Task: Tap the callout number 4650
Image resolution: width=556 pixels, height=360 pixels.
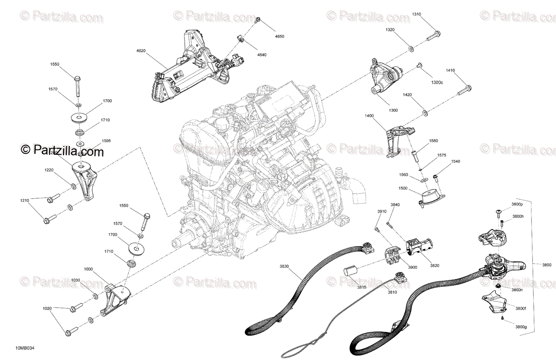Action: tap(280, 36)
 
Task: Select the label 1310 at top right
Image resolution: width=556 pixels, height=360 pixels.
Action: tap(417, 14)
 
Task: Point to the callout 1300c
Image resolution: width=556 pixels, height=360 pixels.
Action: tap(437, 82)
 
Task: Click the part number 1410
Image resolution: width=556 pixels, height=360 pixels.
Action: tap(450, 70)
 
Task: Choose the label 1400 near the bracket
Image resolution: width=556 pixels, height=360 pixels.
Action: tap(369, 116)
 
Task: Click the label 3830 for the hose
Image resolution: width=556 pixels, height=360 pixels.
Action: tap(284, 266)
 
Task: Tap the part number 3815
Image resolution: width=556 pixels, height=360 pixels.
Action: tap(361, 287)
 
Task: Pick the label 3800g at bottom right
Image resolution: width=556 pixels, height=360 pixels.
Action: tap(521, 327)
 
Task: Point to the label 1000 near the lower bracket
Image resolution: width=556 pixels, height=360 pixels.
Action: tap(88, 269)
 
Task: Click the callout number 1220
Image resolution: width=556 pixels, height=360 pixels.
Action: tap(49, 170)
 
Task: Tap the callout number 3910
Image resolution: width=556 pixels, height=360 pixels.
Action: tap(381, 211)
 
